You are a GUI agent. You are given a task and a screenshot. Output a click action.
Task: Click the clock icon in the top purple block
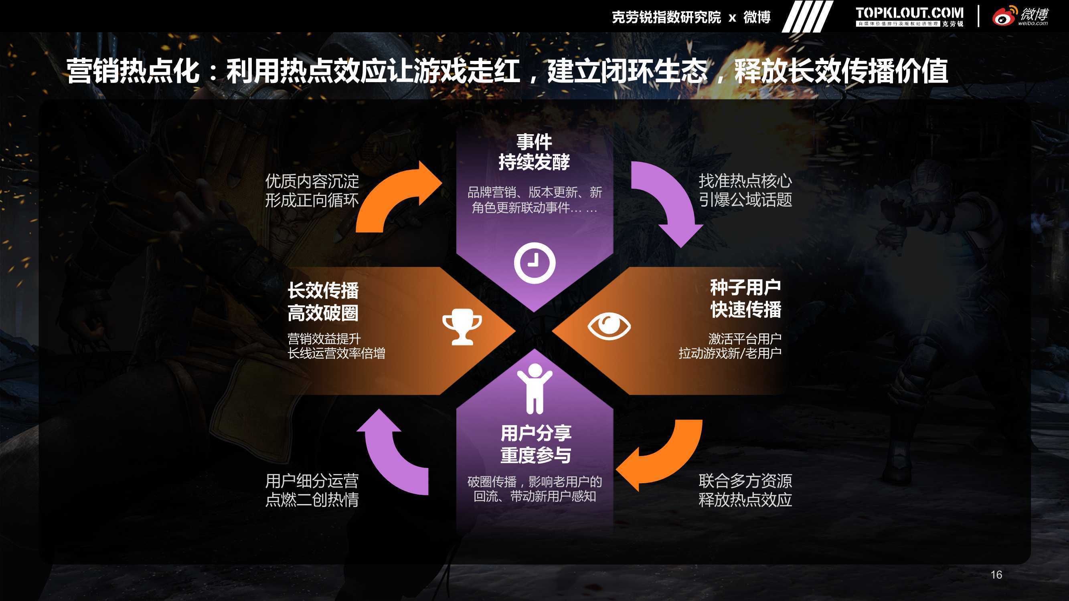[x=534, y=263]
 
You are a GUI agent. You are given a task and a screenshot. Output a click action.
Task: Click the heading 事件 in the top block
[x=534, y=142]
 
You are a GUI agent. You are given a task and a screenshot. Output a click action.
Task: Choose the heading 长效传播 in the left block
[x=323, y=290]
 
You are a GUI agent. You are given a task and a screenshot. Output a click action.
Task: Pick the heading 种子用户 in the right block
[x=745, y=287]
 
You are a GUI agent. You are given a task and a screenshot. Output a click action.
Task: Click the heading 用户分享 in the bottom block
[x=536, y=434]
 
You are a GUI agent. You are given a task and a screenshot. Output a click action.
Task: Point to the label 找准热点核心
[x=745, y=181]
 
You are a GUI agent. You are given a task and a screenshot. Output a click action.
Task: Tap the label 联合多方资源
[x=745, y=481]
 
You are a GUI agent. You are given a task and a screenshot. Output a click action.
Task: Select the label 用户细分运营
[x=312, y=481]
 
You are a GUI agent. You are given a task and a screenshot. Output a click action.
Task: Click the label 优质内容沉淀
[x=312, y=181]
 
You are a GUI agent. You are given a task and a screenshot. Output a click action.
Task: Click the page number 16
[x=996, y=575]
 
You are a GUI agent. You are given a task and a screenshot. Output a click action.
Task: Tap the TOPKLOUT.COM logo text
[x=909, y=13]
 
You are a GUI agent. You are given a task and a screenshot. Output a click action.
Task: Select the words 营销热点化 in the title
[x=134, y=71]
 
